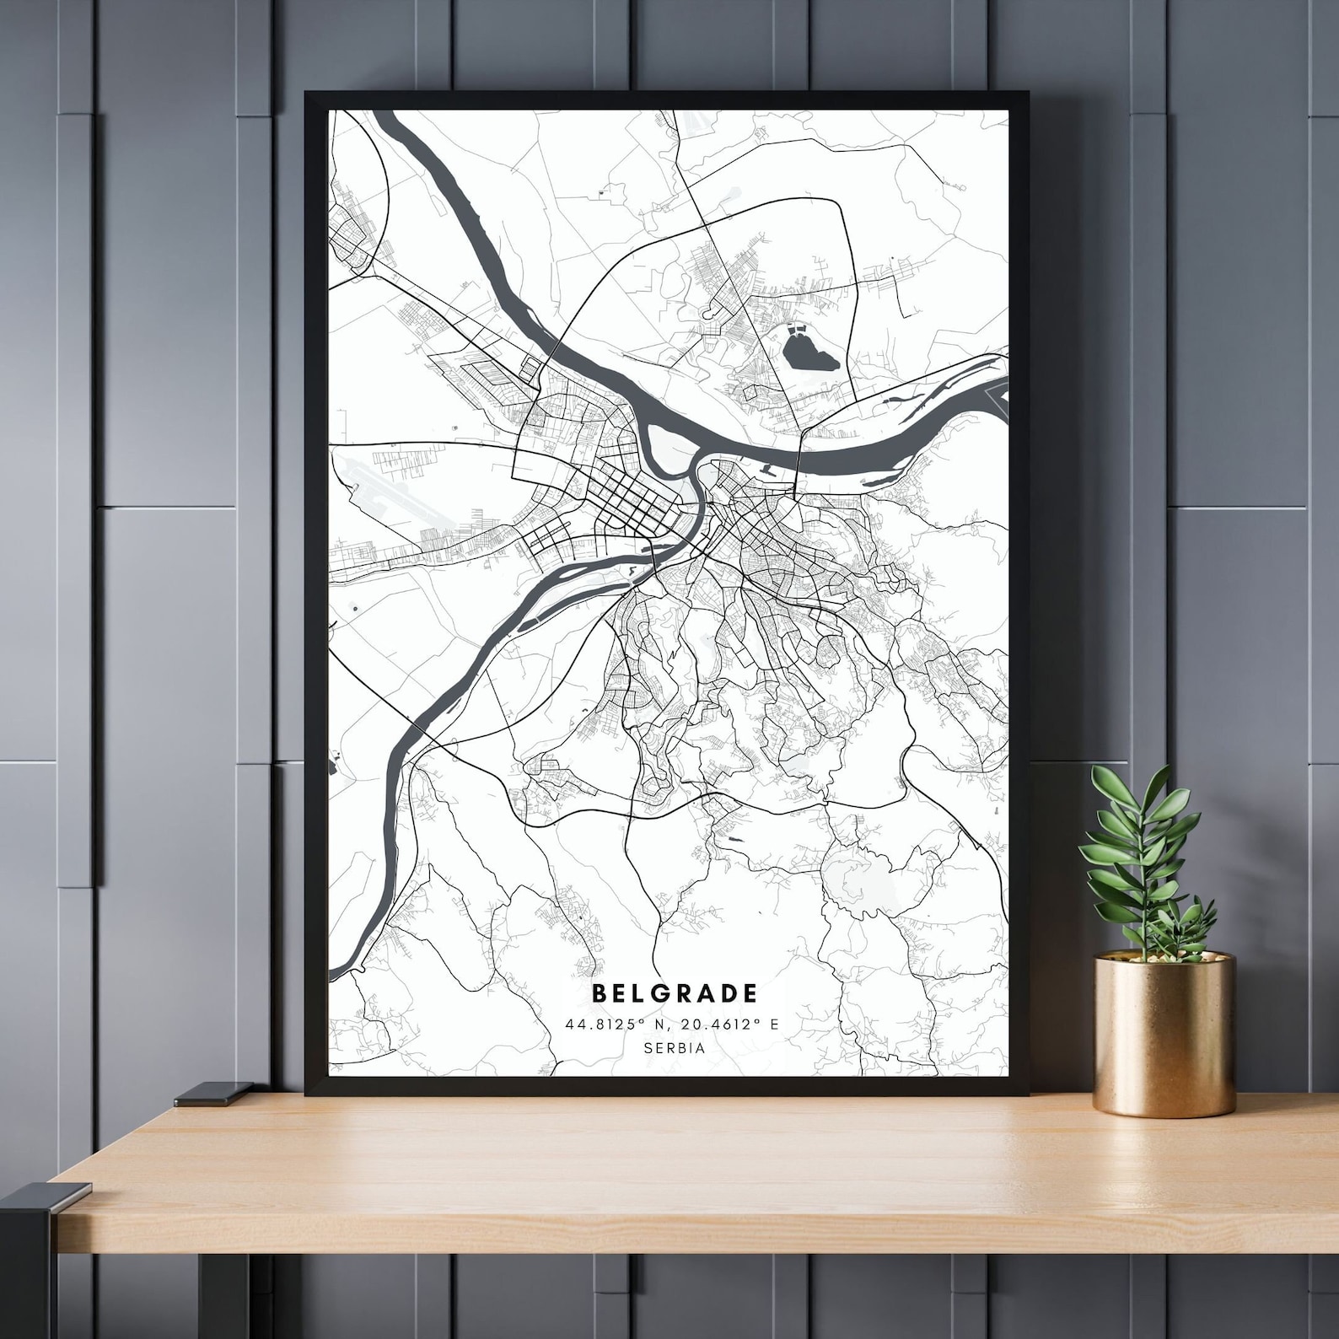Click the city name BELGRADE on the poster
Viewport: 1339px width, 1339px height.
[x=675, y=993]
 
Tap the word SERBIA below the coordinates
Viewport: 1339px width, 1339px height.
[x=674, y=1048]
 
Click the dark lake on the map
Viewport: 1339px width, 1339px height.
[x=809, y=351]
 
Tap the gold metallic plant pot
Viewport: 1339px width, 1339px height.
[x=1164, y=1037]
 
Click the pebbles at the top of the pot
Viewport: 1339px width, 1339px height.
[x=1164, y=958]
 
